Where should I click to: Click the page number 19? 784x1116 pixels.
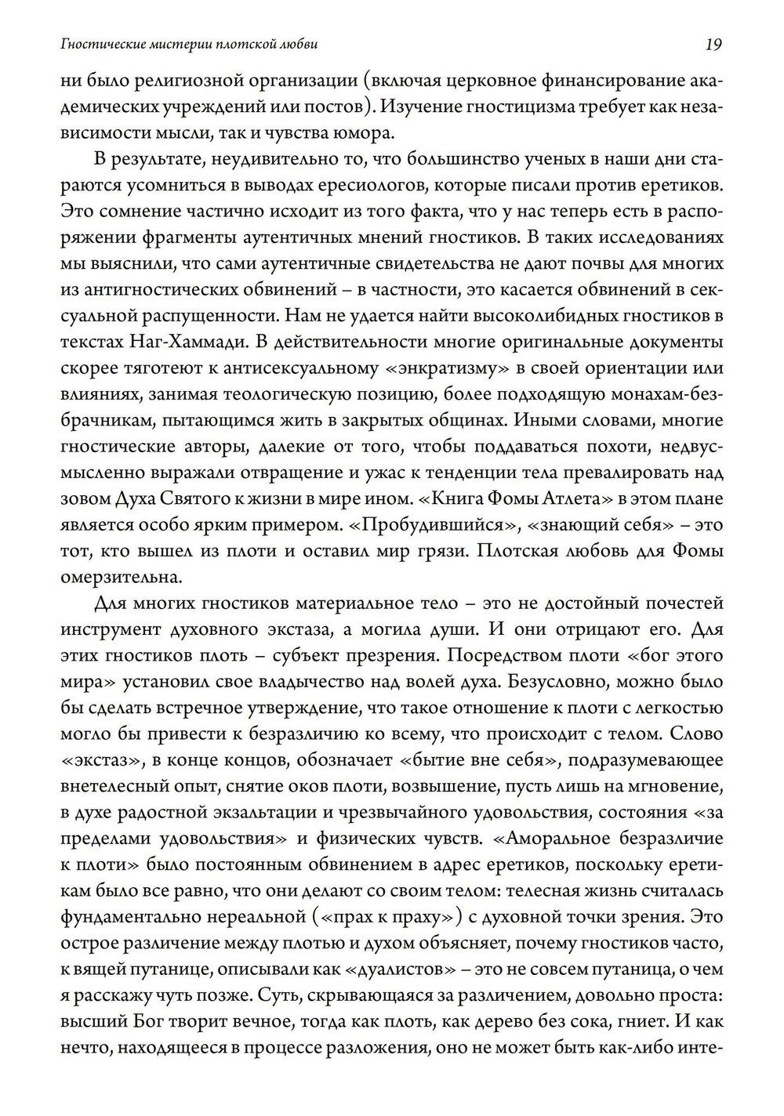tap(713, 45)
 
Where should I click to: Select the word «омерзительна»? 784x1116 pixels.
tap(111, 578)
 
